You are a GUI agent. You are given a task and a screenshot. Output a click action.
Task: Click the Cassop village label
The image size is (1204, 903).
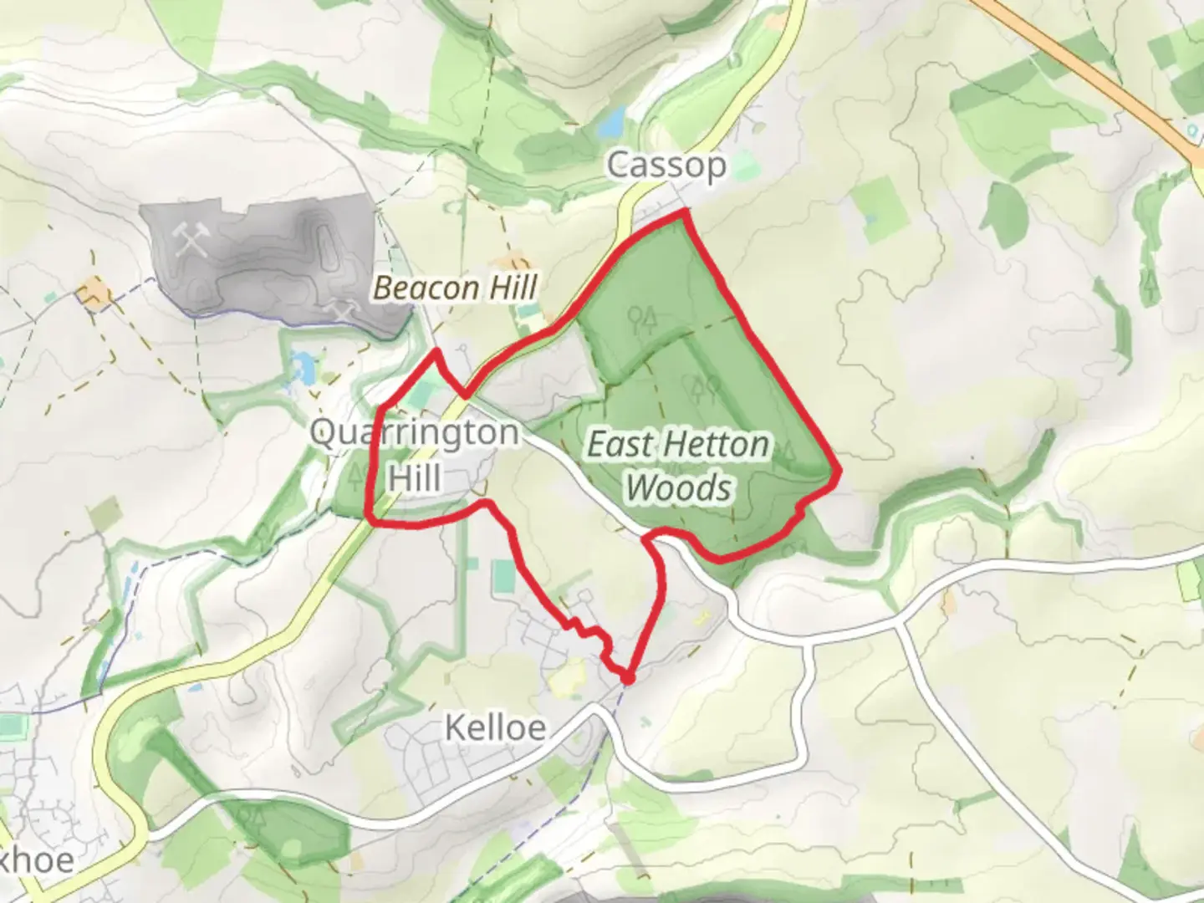[666, 166]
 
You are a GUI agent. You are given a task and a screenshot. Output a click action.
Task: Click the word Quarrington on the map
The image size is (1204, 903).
[414, 433]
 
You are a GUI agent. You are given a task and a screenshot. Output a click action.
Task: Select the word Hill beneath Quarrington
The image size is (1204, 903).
[415, 478]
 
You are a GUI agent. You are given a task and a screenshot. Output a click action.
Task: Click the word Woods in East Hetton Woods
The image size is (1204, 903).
[678, 487]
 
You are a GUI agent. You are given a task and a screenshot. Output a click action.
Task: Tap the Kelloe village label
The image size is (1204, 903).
[495, 727]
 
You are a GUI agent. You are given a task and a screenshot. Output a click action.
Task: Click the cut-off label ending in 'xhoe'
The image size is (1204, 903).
[38, 860]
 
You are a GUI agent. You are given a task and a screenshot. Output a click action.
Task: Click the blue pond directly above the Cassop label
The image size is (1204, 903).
[612, 122]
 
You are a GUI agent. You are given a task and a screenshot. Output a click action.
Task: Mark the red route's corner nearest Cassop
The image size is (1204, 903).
[684, 214]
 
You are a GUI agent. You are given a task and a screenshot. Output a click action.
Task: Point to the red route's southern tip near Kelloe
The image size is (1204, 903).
[626, 677]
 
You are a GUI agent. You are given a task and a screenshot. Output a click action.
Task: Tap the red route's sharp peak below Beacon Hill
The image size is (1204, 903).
[435, 353]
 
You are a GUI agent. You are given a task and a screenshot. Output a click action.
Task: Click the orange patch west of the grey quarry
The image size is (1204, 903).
[94, 294]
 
